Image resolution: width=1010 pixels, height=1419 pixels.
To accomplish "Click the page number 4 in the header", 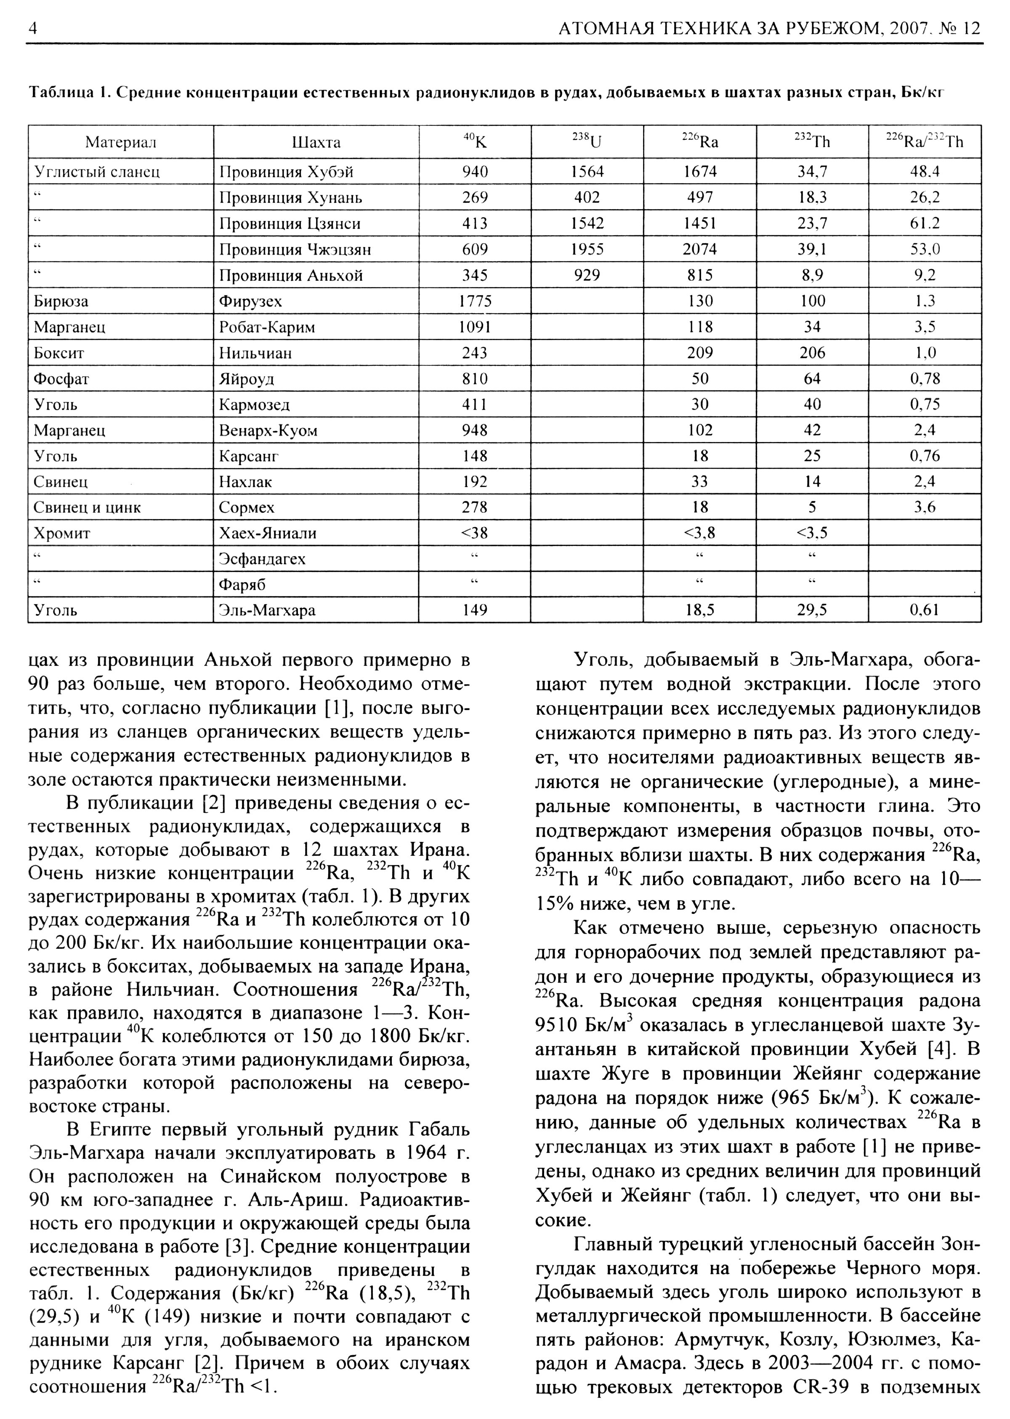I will coord(33,29).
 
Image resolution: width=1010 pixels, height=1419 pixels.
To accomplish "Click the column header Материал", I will coord(121,142).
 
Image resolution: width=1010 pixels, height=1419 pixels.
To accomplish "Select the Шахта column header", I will coord(316,142).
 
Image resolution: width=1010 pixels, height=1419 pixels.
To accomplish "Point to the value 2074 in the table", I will coord(700,250).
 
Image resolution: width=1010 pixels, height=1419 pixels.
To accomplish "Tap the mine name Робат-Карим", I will coord(267,327).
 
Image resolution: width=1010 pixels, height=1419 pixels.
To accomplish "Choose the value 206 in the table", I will coord(812,353).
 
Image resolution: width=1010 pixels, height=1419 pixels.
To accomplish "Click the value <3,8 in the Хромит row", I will coord(700,533).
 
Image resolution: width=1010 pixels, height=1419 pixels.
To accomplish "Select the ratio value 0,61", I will coord(924,610).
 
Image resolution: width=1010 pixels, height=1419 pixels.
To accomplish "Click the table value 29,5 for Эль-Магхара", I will coord(812,610).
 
